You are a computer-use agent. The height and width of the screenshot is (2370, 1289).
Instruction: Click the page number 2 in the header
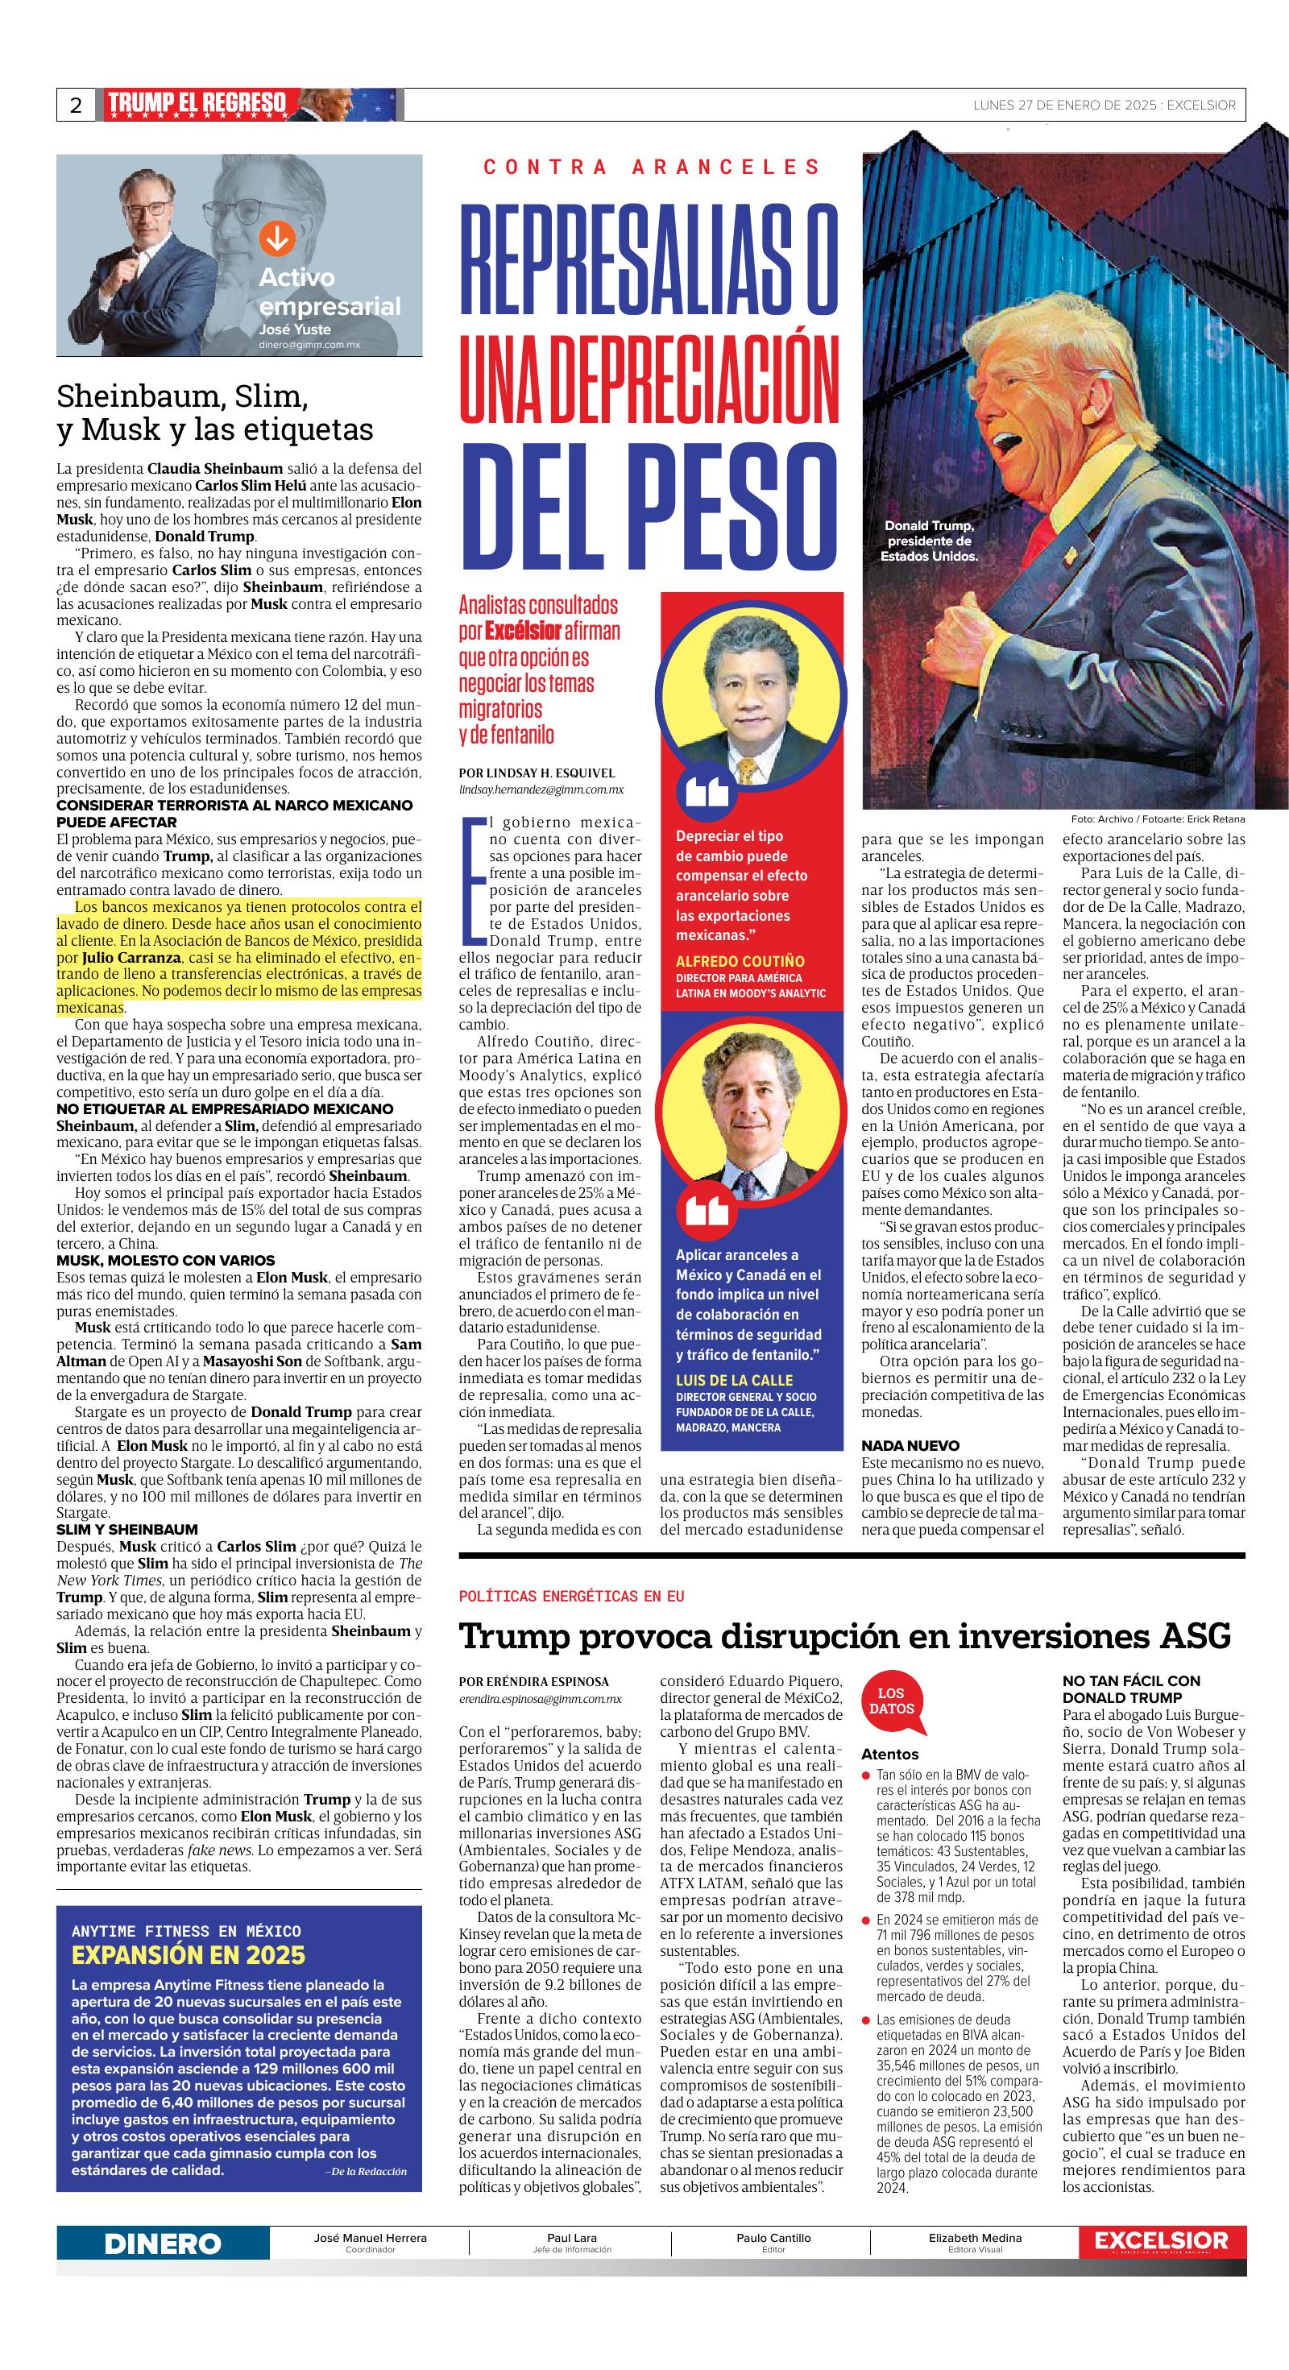coord(76,105)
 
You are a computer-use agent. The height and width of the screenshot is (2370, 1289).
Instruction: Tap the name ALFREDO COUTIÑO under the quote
coord(740,960)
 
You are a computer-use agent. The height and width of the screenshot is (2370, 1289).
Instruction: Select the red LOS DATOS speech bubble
coord(890,1701)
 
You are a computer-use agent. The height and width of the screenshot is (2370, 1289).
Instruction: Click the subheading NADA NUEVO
coord(910,1445)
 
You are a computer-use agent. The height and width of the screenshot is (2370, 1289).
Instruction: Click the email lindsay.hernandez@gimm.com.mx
coord(541,789)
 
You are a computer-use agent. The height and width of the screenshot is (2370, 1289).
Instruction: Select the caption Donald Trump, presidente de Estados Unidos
coord(928,541)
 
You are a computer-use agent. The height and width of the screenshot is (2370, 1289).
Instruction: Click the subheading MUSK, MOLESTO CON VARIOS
coord(166,1261)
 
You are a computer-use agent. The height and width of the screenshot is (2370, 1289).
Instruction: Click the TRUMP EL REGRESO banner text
coord(196,104)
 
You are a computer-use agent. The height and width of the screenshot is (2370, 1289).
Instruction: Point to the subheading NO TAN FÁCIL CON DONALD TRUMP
coord(1131,1688)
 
